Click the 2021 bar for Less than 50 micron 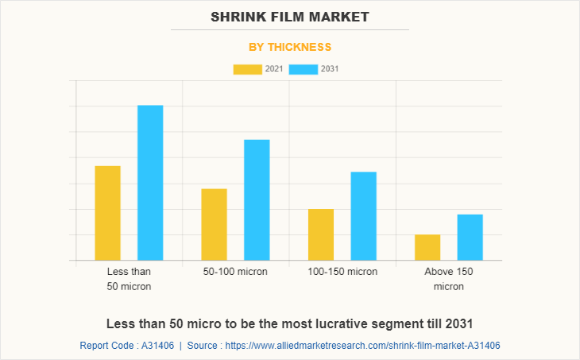pyautogui.click(x=107, y=213)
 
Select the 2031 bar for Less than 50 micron pyautogui.click(x=150, y=183)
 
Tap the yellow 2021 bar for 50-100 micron pyautogui.click(x=214, y=224)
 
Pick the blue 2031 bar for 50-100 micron pyautogui.click(x=257, y=199)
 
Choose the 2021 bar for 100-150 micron pyautogui.click(x=321, y=234)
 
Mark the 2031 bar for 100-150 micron pyautogui.click(x=363, y=216)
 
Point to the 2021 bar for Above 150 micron pyautogui.click(x=427, y=247)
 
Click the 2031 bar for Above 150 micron pyautogui.click(x=470, y=237)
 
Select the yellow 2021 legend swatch pyautogui.click(x=247, y=69)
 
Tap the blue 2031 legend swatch pyautogui.click(x=303, y=69)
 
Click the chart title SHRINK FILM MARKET pyautogui.click(x=290, y=16)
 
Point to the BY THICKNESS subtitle pyautogui.click(x=290, y=47)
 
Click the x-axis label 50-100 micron pyautogui.click(x=235, y=272)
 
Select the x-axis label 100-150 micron pyautogui.click(x=342, y=272)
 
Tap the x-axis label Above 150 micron pyautogui.click(x=449, y=279)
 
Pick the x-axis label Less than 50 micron pyautogui.click(x=129, y=279)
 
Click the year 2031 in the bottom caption pyautogui.click(x=458, y=323)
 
